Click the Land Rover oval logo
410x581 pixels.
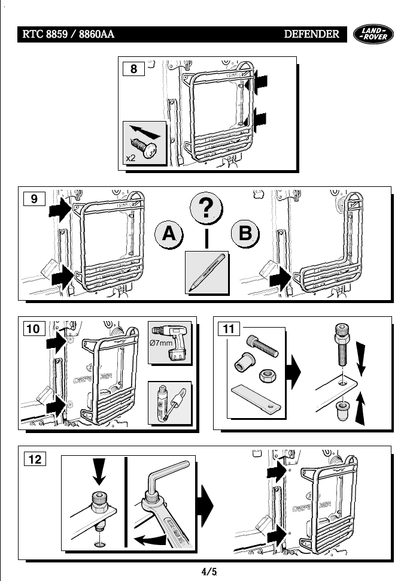pos(375,34)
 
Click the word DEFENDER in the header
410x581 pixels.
pos(311,34)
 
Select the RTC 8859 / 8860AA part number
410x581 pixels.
pos(68,34)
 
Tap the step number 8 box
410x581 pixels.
pos(133,69)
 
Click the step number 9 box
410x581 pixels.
pos(35,198)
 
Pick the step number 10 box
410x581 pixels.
pos(35,329)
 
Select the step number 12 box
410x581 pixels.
pos(35,459)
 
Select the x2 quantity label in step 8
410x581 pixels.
pos(131,158)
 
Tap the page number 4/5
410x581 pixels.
pos(208,571)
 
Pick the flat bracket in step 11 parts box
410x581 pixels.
pos(255,398)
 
